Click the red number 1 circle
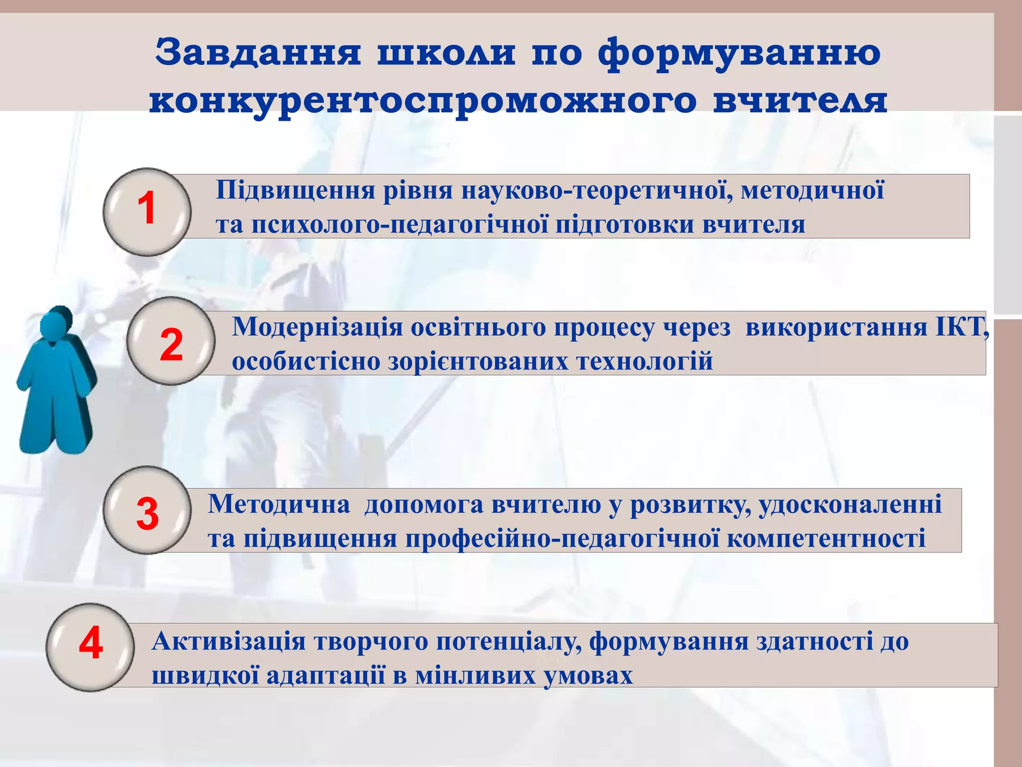pyautogui.click(x=147, y=212)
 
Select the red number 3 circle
pyautogui.click(x=147, y=510)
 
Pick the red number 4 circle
pyautogui.click(x=90, y=647)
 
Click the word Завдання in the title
pyautogui.click(x=258, y=52)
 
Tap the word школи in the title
pyautogui.click(x=446, y=52)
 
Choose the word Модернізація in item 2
pyautogui.click(x=317, y=328)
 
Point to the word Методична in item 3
pyautogui.click(x=279, y=504)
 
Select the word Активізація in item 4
pyautogui.click(x=229, y=642)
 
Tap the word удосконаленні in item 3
pyautogui.click(x=850, y=504)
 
